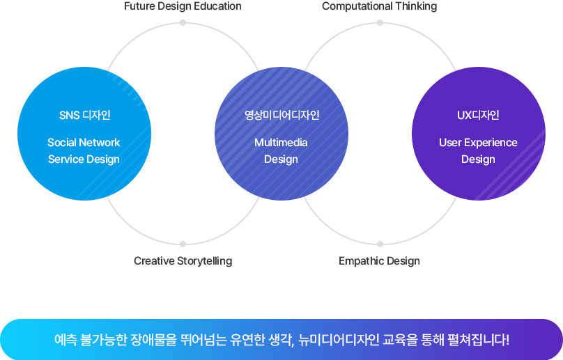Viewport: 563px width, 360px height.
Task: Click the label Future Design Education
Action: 183,6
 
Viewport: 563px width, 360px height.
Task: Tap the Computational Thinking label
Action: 380,6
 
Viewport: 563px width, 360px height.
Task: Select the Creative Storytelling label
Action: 183,261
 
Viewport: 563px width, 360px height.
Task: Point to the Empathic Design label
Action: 379,261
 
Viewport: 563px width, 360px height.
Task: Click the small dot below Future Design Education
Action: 183,22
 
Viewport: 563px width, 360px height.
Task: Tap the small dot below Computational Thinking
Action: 380,22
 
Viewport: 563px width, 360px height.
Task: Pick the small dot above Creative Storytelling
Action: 183,244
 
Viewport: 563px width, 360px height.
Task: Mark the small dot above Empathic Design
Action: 380,244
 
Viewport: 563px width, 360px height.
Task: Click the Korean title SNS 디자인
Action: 85,115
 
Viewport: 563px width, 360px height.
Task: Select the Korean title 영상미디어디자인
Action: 282,115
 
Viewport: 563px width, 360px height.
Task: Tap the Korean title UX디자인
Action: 478,115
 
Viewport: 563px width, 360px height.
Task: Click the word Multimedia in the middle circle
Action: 281,143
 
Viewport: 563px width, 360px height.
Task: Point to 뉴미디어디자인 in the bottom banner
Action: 339,339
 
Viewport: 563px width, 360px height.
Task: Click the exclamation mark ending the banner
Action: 507,339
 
